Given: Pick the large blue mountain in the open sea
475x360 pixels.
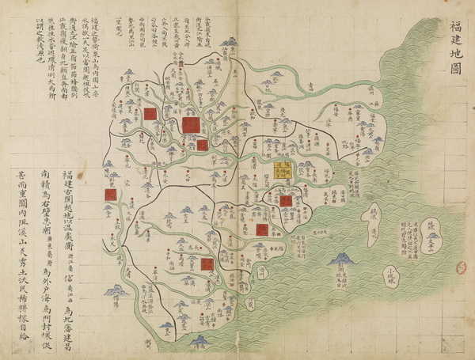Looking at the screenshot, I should [343, 259].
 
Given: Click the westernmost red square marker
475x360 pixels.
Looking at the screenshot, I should [110, 194].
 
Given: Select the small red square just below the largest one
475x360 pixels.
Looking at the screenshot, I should [203, 146].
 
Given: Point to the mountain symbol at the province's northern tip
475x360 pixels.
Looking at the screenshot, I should [230, 42].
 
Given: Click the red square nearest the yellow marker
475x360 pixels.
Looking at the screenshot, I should [285, 200].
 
